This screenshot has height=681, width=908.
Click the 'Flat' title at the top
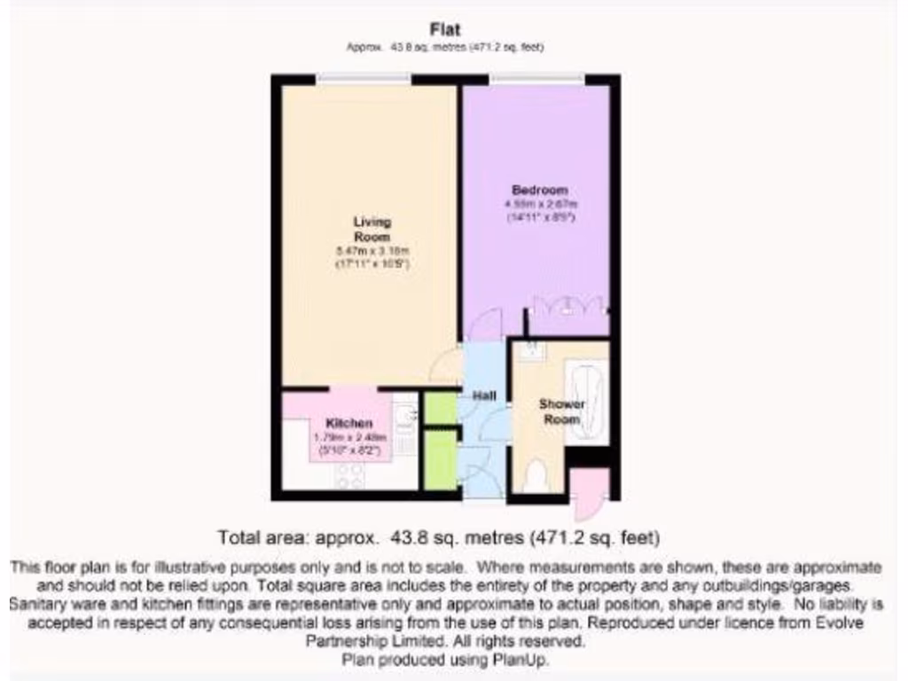coord(444,30)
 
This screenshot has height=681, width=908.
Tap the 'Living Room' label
coord(372,229)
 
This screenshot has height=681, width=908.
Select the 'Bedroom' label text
coord(540,190)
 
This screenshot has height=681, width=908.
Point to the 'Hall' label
coord(484,396)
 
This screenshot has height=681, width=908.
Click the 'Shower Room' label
coord(561,411)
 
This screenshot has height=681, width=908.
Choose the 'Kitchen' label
coord(349,423)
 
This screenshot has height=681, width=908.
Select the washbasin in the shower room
coord(531,351)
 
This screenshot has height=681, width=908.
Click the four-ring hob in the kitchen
coord(348,475)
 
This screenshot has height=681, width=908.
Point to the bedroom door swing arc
coord(484,325)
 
